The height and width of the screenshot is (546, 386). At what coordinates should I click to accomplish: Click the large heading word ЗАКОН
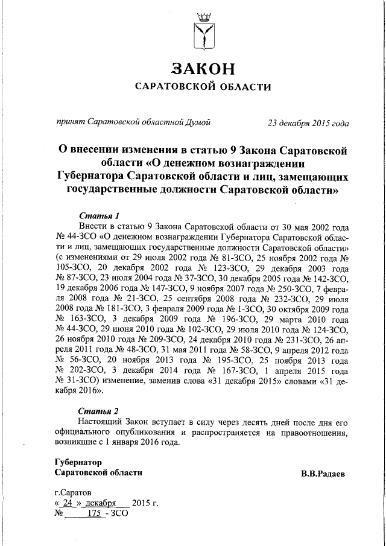tap(203, 68)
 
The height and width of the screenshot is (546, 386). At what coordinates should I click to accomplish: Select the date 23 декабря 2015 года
tap(308, 123)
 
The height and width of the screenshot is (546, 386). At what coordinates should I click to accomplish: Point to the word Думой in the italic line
tap(197, 123)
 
